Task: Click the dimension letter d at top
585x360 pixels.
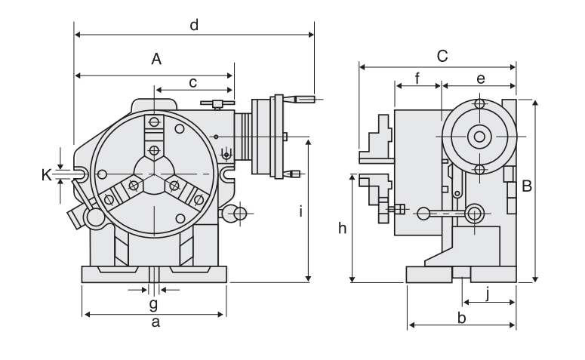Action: click(x=194, y=25)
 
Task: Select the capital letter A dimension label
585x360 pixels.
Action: click(x=156, y=59)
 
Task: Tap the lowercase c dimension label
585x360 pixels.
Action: click(x=193, y=82)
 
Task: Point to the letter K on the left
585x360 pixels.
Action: click(x=46, y=175)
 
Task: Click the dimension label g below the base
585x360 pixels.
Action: click(x=153, y=303)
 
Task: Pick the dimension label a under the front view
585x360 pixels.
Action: click(x=155, y=323)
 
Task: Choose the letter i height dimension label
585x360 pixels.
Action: click(x=300, y=212)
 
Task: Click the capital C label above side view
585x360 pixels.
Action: click(x=442, y=56)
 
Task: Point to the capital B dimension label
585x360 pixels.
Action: click(x=527, y=186)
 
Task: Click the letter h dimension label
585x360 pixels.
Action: click(x=342, y=229)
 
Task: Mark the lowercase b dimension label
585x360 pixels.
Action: click(x=462, y=318)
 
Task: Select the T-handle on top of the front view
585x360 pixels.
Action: click(x=216, y=103)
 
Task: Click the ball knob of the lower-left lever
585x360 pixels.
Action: click(x=94, y=218)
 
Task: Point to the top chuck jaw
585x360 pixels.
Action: click(x=154, y=136)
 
